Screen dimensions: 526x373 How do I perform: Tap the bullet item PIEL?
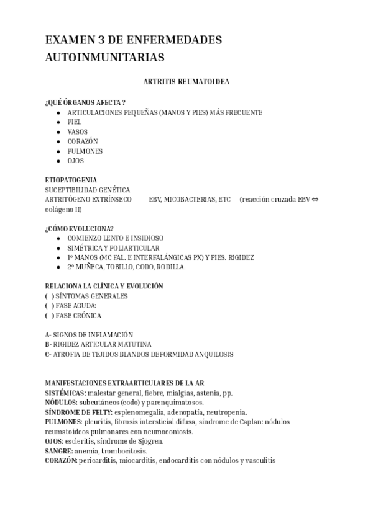[75, 122]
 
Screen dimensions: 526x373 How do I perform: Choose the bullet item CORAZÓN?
[83, 141]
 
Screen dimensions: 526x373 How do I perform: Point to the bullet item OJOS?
[76, 161]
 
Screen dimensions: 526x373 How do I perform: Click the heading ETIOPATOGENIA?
[71, 180]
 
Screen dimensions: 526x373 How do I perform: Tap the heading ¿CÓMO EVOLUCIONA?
[79, 228]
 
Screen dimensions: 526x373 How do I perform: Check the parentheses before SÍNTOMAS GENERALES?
[49, 296]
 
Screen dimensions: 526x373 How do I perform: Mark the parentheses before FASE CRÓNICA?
[49, 316]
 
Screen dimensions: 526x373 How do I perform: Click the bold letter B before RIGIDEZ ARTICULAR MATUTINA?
[47, 344]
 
